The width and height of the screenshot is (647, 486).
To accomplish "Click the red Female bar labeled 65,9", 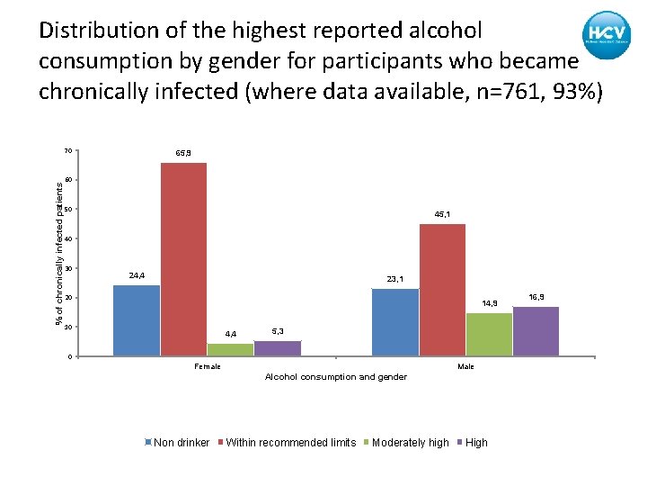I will (183, 259).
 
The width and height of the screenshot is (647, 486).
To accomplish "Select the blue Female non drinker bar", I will (137, 320).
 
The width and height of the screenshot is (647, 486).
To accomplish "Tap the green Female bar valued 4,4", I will (230, 350).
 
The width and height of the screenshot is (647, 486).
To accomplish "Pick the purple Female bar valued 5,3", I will (278, 348).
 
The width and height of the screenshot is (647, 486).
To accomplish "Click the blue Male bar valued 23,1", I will (394, 322).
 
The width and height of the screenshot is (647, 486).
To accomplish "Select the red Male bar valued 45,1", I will (442, 290).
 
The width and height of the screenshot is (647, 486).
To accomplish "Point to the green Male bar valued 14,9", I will (489, 334).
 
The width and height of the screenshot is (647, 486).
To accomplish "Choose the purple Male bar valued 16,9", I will (536, 331).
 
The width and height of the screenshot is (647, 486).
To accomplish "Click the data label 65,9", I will (182, 154).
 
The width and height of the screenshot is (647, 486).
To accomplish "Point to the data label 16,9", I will (536, 297).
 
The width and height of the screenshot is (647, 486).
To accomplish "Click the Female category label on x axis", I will (208, 366).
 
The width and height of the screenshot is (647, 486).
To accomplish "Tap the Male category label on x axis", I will (465, 366).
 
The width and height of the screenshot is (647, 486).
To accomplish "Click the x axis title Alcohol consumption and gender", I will (335, 377).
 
